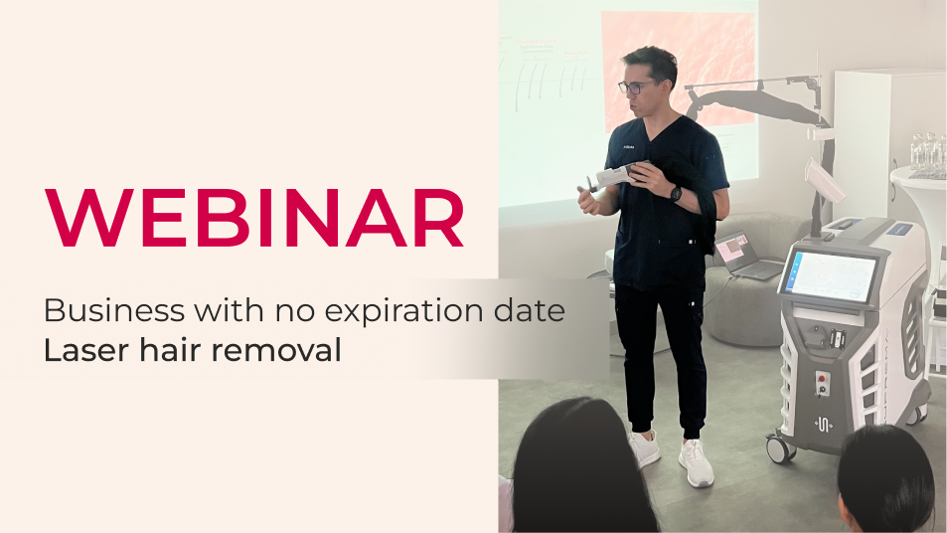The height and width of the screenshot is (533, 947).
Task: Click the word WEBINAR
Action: pos(253,218)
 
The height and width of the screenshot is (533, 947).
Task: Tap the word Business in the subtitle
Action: pos(114,310)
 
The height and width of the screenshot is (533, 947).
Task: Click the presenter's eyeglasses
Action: pos(635,88)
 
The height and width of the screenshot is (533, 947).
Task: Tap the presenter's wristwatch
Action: pos(675,193)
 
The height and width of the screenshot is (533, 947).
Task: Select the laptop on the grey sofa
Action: pos(744,256)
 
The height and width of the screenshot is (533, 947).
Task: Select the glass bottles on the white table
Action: pos(928,152)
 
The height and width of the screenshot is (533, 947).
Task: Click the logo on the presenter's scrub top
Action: pos(629,147)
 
